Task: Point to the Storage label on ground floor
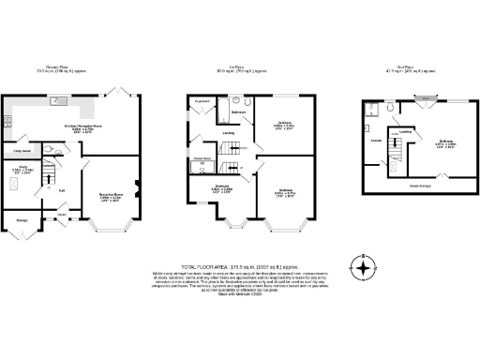click(22, 223)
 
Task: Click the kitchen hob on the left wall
click(7, 120)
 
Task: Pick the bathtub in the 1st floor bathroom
click(236, 100)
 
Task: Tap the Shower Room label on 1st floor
click(201, 159)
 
